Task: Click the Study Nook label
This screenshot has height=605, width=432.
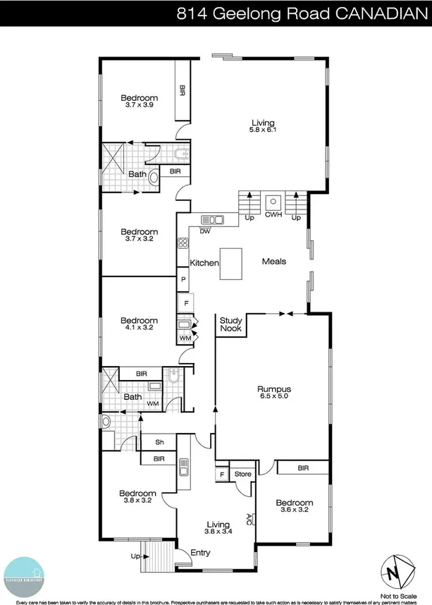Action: (x=230, y=324)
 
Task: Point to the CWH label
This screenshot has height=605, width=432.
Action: (x=273, y=217)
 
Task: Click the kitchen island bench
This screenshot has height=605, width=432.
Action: (x=230, y=263)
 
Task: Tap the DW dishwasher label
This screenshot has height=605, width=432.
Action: (x=205, y=231)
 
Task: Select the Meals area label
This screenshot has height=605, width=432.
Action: (x=274, y=261)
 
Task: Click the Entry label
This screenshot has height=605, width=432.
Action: (x=200, y=552)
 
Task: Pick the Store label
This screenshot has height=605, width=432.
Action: (x=243, y=474)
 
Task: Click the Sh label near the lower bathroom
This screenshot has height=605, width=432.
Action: (x=160, y=442)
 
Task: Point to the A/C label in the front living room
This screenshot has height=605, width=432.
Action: (x=249, y=518)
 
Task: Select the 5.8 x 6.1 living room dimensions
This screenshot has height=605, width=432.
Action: (x=261, y=130)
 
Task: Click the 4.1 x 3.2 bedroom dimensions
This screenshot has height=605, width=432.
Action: (x=138, y=328)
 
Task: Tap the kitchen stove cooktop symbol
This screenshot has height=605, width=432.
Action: (x=183, y=244)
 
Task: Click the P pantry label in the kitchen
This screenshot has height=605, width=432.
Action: (x=183, y=280)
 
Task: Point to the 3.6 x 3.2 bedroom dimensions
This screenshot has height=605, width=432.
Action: (x=294, y=511)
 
